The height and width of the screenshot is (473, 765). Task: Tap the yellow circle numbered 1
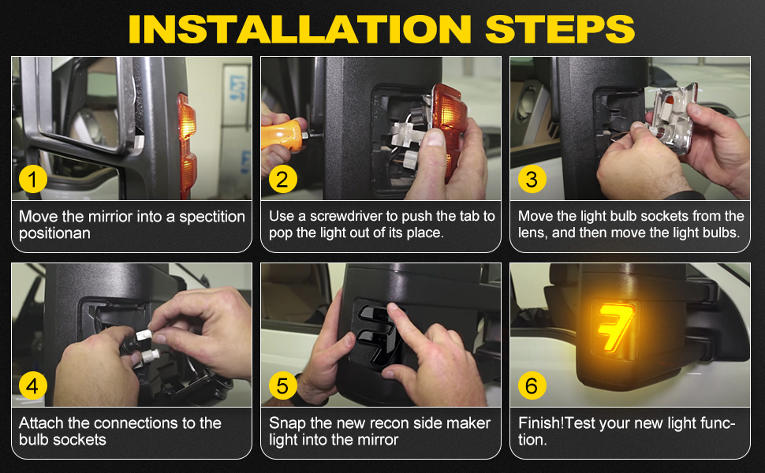tap(32, 179)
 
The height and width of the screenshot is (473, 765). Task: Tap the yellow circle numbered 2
tap(282, 179)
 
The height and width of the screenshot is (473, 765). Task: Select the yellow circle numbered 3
tap(531, 179)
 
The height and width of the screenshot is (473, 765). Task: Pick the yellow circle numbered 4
tap(32, 386)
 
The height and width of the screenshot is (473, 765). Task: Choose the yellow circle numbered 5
tap(282, 386)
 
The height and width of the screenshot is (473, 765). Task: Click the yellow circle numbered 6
tap(531, 386)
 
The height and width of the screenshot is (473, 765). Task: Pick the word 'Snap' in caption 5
tap(286, 423)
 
